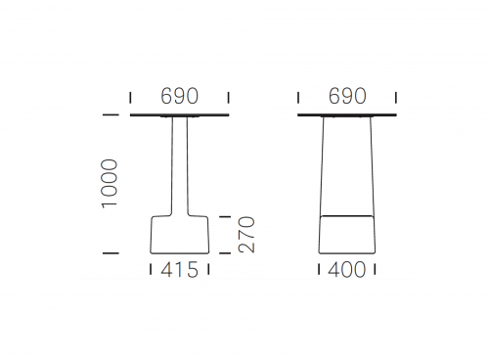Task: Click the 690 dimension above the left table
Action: tap(179, 96)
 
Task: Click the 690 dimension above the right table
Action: tap(347, 96)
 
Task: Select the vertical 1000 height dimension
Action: tap(110, 183)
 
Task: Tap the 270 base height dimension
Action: tap(246, 235)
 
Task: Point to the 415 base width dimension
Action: tap(179, 270)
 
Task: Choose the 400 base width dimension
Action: tap(347, 270)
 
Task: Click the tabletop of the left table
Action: tap(180, 114)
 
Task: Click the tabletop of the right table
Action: tap(347, 114)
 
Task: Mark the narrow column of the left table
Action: tap(180, 165)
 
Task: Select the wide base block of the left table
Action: tap(180, 235)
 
